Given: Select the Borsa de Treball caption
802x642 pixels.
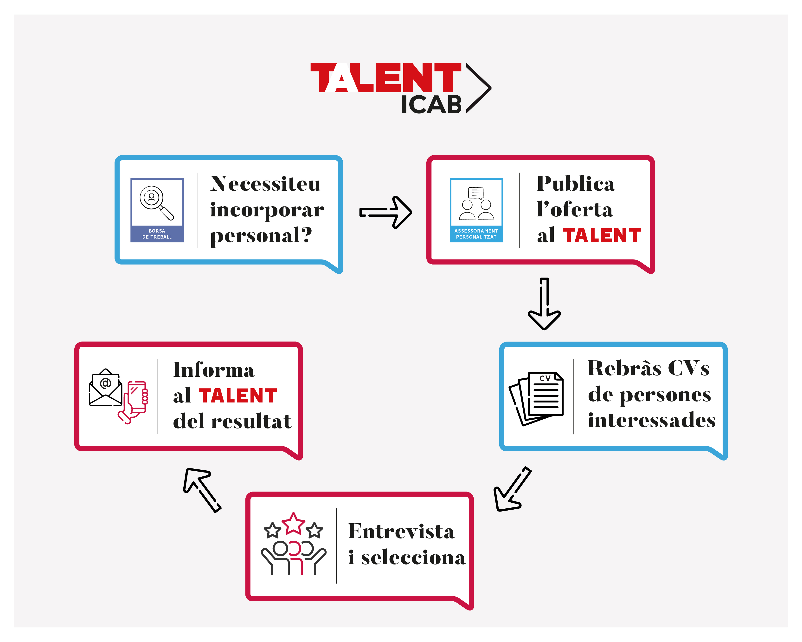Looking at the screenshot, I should tap(157, 234).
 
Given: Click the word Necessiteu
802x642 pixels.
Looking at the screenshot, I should tap(265, 184).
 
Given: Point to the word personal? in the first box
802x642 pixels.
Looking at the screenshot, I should tap(261, 236).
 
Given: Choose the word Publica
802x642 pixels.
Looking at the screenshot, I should tap(576, 184).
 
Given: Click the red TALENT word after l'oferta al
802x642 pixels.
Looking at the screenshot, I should tap(602, 236).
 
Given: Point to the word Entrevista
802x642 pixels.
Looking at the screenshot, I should tap(401, 532).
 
